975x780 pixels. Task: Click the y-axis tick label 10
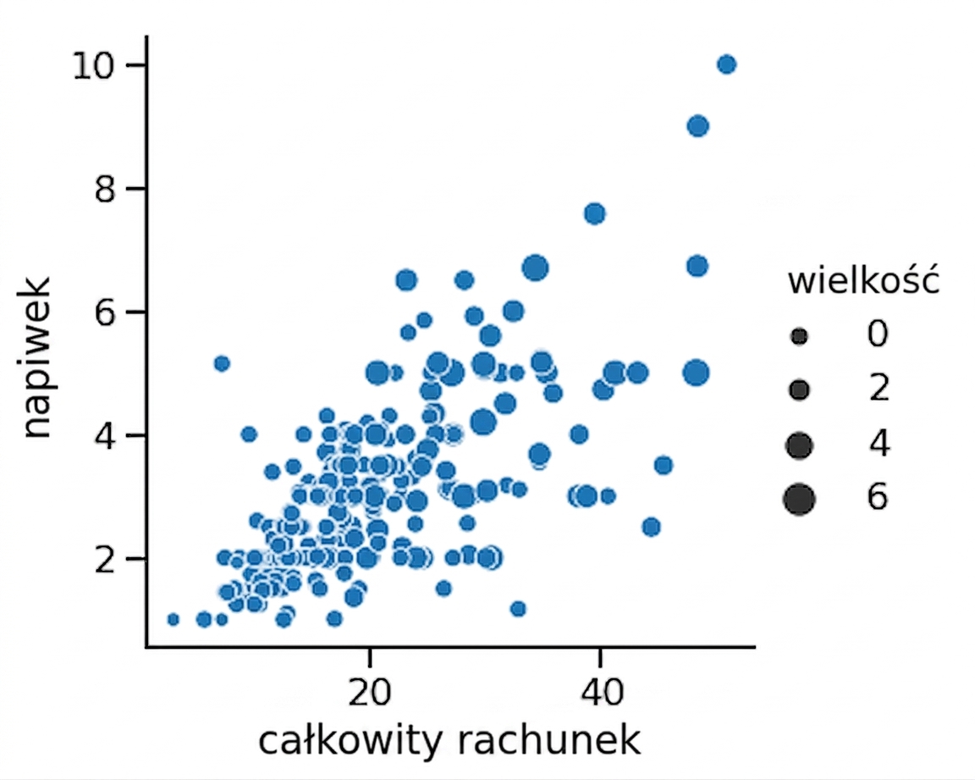click(94, 65)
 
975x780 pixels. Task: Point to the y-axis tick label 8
click(104, 189)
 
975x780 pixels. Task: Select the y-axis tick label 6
click(104, 313)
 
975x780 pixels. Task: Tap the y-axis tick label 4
click(104, 435)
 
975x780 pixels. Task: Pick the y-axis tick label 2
click(104, 559)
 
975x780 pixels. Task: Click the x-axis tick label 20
click(370, 692)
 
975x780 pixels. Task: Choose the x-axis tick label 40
click(601, 692)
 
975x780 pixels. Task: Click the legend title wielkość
click(863, 280)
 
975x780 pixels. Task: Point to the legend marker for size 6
click(800, 500)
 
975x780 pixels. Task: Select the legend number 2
click(879, 389)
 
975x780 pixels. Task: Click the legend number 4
click(879, 444)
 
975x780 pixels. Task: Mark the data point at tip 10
click(726, 64)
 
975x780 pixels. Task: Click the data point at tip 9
click(697, 126)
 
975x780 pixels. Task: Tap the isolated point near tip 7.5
click(595, 214)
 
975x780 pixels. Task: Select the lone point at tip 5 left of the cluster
click(222, 363)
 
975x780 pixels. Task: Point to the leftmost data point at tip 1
click(174, 620)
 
